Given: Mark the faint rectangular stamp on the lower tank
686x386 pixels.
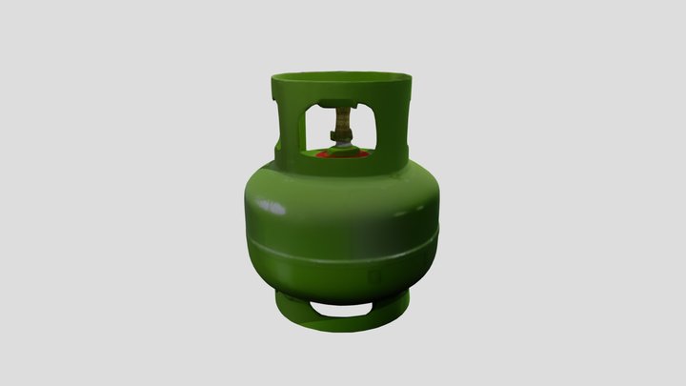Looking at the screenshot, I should click(376, 275).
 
